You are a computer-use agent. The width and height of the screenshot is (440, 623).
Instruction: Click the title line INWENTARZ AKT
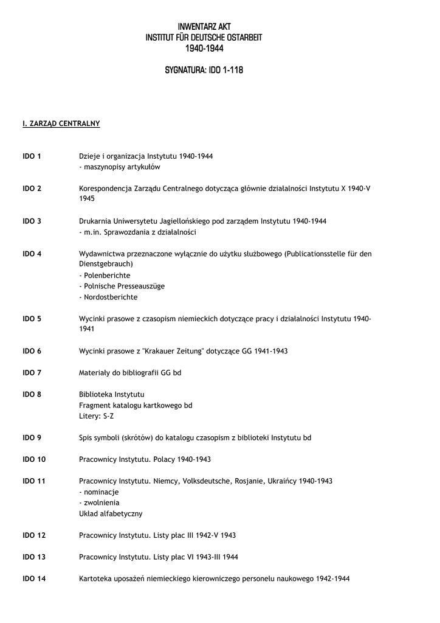204,27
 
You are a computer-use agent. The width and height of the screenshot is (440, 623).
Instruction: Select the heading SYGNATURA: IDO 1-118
204,71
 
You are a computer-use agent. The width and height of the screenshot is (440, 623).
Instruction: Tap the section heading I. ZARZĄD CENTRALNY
61,124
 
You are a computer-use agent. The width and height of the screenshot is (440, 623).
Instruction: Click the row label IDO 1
32,156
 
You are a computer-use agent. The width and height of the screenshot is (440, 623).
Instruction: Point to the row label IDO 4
32,254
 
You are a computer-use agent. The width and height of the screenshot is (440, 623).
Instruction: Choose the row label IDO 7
32,372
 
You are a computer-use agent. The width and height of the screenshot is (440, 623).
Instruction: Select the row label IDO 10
34,459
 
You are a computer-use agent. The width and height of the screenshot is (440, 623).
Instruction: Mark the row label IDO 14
34,579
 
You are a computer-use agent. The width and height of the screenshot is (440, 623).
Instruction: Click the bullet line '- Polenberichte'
105,276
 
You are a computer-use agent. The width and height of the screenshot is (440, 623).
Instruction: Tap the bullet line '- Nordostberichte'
108,298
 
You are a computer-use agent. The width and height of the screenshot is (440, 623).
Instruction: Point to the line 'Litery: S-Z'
97,416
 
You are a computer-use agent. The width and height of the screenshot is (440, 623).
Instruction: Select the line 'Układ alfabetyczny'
111,513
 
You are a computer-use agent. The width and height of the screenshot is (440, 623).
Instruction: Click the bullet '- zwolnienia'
99,503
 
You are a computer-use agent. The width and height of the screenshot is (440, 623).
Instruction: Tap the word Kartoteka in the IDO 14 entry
95,579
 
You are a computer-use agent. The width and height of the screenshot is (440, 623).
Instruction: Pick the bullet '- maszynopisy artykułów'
120,167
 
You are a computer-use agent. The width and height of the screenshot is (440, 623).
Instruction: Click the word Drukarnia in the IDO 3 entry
95,221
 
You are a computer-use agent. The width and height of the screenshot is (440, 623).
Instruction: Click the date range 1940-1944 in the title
204,49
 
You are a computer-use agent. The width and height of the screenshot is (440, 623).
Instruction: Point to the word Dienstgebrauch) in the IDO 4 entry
106,265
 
